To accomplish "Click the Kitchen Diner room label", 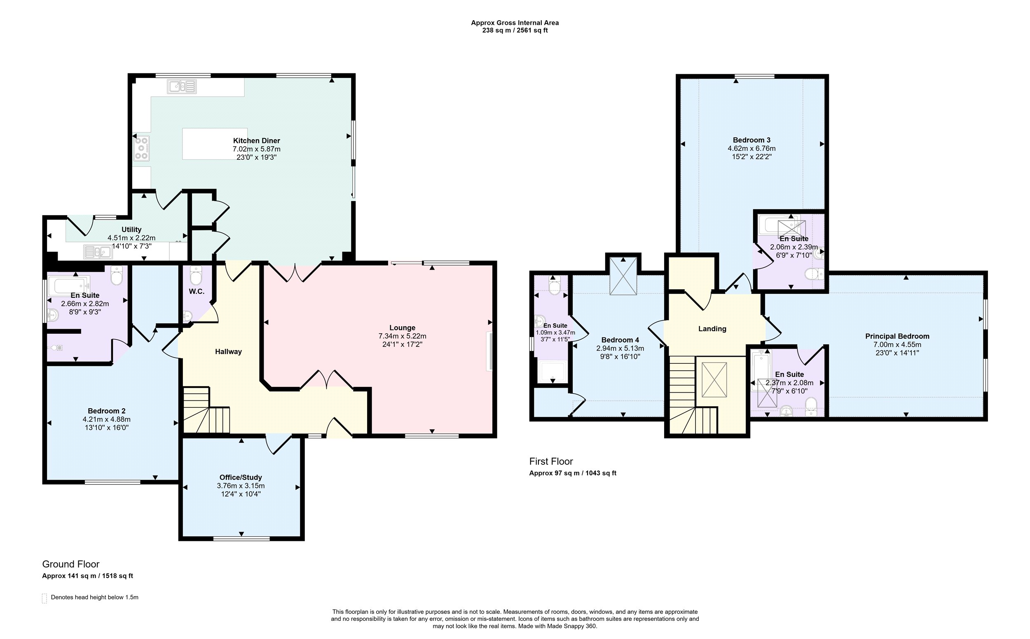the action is (x=257, y=141).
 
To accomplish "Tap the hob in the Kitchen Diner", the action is (x=142, y=149).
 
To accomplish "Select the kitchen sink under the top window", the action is (x=182, y=86).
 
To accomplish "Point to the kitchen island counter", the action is (x=215, y=144).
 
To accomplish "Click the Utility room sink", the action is (x=98, y=252).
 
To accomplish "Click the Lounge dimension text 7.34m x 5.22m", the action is (x=403, y=336).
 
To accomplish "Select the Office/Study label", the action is (x=241, y=477).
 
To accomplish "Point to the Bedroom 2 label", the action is (x=107, y=411).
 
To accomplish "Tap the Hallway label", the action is (x=228, y=351).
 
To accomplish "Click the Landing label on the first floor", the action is (x=712, y=329).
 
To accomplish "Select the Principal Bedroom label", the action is (x=897, y=337).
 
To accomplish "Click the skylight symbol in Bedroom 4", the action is (x=623, y=276).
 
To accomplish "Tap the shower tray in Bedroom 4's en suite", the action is (x=552, y=372).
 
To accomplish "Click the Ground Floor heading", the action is (x=70, y=564).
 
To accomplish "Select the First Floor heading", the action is (x=551, y=461).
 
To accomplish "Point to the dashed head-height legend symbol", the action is (x=44, y=598).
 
